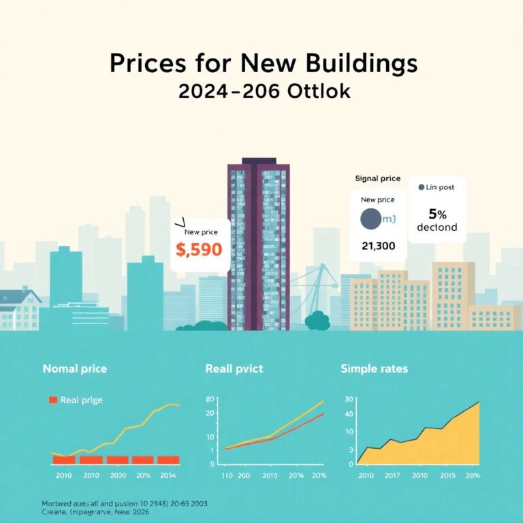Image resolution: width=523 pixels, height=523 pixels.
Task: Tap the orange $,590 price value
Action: coord(199,250)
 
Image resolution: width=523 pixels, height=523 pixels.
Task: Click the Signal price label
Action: coord(377,178)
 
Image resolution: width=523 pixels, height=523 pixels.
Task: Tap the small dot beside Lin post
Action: coord(421,187)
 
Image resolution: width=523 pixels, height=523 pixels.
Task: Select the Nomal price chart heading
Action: coord(74,368)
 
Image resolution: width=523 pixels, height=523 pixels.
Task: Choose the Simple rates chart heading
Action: coord(374,368)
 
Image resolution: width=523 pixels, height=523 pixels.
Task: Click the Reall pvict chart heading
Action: coord(234,368)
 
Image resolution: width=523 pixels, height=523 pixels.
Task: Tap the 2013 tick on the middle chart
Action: coord(269,475)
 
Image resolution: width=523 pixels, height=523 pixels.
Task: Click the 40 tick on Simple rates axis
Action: coord(349,415)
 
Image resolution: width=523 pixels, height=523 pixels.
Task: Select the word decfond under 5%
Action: coord(437,227)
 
